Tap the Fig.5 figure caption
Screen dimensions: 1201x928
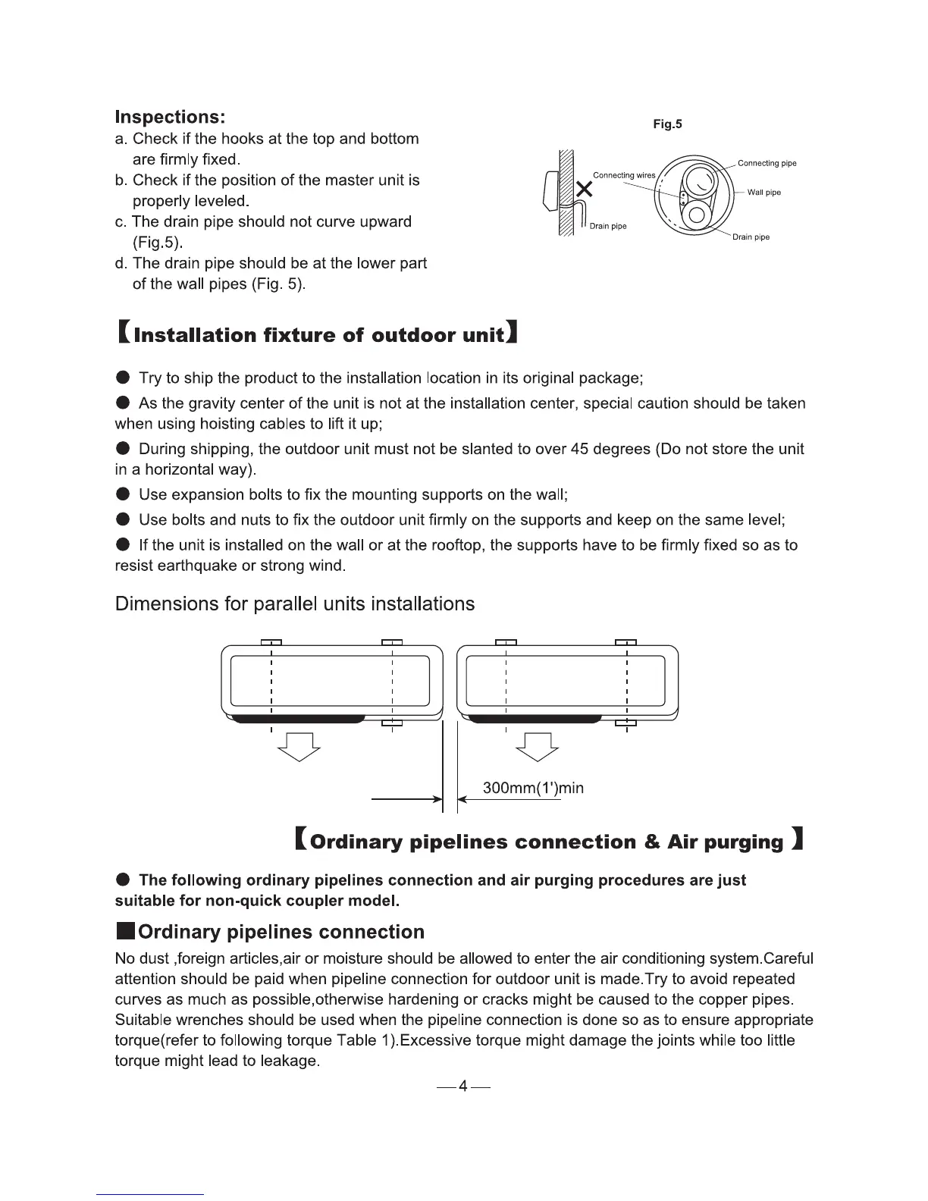(667, 124)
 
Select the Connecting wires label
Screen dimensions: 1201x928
(623, 175)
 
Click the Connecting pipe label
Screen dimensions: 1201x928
(767, 163)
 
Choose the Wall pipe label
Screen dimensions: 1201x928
(763, 193)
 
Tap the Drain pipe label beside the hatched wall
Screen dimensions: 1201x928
(608, 226)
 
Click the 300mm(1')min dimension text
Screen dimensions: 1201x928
(533, 788)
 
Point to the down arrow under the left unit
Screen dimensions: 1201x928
(299, 747)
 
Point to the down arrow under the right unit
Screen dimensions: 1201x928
(537, 747)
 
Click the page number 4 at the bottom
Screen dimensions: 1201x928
(463, 1088)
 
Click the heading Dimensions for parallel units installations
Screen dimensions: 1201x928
(294, 604)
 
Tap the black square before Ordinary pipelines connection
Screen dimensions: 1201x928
(124, 931)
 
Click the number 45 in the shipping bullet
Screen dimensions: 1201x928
(580, 449)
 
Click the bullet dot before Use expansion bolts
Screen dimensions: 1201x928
(124, 495)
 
